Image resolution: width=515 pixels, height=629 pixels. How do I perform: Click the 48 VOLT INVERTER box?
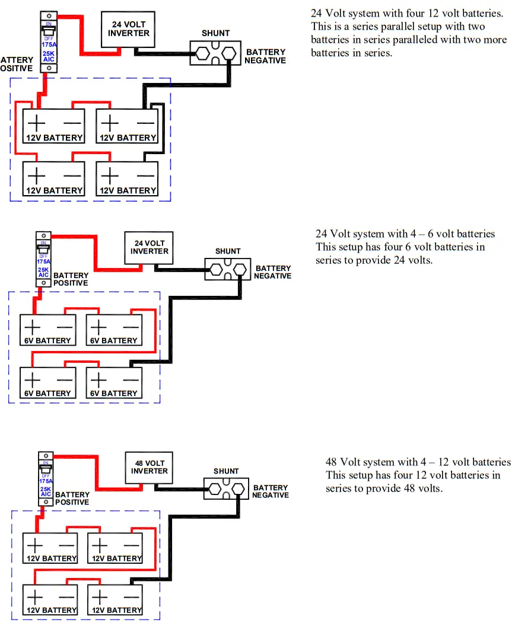coord(150,467)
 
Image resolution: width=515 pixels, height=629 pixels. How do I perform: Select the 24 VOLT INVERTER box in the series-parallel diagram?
coord(128,28)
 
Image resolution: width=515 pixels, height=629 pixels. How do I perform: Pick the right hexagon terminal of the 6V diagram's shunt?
coord(239,270)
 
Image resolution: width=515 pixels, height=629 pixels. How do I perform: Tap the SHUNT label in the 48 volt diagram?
coord(226,471)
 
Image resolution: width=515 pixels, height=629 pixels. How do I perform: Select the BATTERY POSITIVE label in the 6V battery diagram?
coord(71,279)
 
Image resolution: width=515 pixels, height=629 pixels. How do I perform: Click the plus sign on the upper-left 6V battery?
coord(33,327)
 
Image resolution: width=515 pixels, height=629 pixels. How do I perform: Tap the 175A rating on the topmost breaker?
coord(49,44)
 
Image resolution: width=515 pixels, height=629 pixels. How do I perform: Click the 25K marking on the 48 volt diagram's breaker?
coord(46,488)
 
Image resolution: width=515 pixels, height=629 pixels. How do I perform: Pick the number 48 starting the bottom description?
coord(332,462)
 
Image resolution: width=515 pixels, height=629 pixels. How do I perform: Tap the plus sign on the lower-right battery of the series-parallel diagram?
coord(109,175)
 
